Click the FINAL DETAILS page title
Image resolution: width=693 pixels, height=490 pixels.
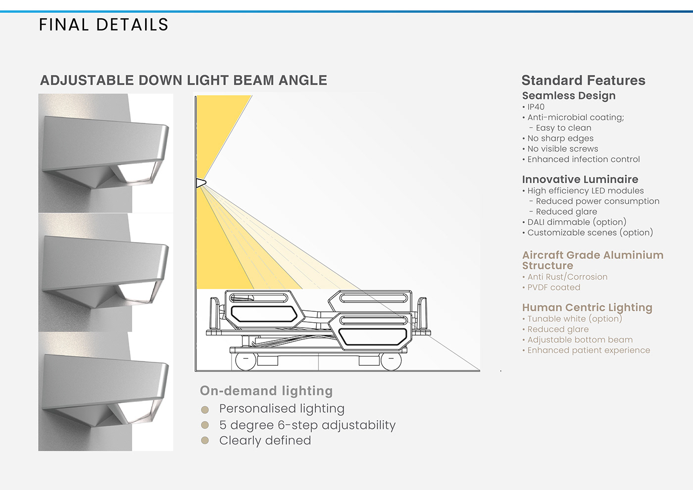[103, 25]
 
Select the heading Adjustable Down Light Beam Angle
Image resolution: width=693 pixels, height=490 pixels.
[184, 80]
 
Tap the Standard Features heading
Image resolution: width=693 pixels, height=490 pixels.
[583, 80]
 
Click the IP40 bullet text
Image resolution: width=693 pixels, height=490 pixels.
[536, 107]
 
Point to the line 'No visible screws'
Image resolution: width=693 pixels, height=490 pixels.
[562, 149]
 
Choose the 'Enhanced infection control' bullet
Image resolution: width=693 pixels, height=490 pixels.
[583, 159]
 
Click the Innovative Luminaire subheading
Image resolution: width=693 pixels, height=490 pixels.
[580, 179]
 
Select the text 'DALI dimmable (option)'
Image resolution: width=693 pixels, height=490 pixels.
[577, 222]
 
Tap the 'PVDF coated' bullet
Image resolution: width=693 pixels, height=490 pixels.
[553, 288]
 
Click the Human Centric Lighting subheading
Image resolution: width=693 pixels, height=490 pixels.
[587, 307]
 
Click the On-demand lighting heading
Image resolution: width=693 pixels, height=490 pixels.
[266, 391]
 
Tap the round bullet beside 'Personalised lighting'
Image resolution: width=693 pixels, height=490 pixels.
[205, 410]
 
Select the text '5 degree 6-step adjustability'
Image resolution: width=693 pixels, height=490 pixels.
[307, 425]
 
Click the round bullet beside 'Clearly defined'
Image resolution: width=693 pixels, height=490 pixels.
[205, 441]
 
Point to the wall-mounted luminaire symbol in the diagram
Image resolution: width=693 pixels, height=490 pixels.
[200, 183]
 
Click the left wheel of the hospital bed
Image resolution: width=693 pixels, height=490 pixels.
[246, 361]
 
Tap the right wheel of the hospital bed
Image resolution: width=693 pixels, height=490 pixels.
[391, 361]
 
